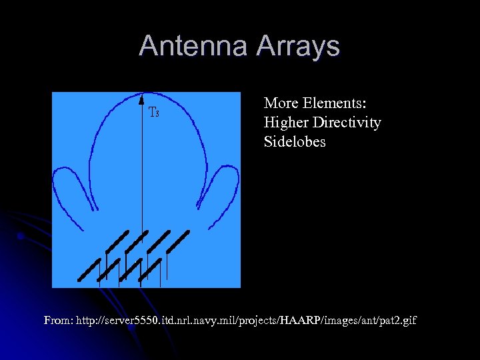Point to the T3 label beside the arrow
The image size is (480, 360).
[153, 112]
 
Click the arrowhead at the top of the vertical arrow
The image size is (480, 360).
[141, 99]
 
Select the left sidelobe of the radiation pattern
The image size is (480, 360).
[69, 187]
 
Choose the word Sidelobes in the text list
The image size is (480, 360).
[295, 142]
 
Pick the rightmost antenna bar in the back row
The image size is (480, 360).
[178, 241]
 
